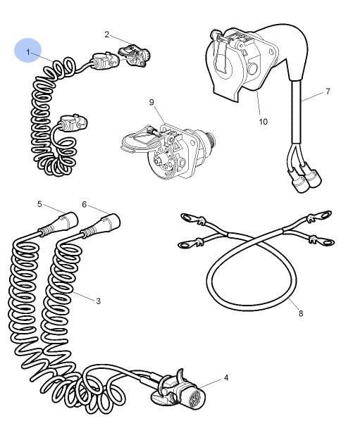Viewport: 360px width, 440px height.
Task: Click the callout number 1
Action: [x=28, y=52]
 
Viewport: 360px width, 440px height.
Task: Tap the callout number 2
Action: [x=106, y=34]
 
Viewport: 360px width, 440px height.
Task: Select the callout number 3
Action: [x=99, y=301]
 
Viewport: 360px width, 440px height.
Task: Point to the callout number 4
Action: [x=226, y=378]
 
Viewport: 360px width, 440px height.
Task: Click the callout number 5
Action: [x=39, y=204]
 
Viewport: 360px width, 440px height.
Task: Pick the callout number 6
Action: [x=85, y=204]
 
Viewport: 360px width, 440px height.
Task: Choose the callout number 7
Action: [x=328, y=92]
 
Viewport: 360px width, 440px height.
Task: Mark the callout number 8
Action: [x=301, y=313]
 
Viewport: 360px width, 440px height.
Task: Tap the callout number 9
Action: [x=151, y=102]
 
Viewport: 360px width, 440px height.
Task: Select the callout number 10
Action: [x=263, y=122]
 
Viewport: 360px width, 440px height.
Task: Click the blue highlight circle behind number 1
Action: [x=28, y=50]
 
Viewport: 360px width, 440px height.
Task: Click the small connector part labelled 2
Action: [x=135, y=56]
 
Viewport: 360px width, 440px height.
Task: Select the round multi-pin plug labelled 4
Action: [x=180, y=391]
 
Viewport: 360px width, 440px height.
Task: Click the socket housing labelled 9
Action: [x=169, y=151]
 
